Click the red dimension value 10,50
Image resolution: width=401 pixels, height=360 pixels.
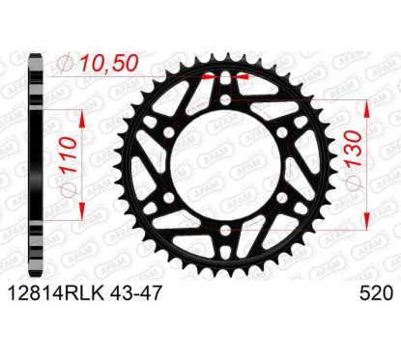(109, 63)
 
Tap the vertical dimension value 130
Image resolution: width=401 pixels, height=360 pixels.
(354, 149)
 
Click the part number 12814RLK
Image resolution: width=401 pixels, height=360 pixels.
(56, 293)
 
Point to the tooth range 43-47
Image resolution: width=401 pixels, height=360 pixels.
(134, 293)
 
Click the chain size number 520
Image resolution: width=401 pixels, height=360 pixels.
(376, 293)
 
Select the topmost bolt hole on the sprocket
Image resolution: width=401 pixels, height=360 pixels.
(226, 99)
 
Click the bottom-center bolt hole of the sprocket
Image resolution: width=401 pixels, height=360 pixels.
(226, 230)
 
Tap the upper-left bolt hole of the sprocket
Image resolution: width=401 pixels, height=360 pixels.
(169, 132)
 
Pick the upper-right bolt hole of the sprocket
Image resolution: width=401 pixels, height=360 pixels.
(282, 132)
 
